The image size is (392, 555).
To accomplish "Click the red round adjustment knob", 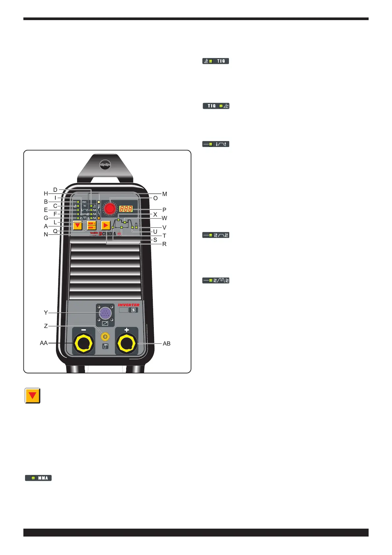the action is (110, 209).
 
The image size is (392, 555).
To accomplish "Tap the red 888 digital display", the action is (126, 209).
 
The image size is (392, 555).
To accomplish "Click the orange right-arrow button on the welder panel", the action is (106, 225).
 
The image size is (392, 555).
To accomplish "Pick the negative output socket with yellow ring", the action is (84, 344).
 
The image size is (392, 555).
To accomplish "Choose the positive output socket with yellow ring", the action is (127, 344).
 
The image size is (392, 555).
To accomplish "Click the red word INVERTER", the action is (129, 305).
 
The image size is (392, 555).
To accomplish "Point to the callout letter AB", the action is (167, 343).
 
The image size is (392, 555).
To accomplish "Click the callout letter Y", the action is (46, 312).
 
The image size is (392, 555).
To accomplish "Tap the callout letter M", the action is (165, 194).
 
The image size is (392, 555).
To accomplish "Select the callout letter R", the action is (164, 244).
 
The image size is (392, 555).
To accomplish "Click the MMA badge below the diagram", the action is (39, 478).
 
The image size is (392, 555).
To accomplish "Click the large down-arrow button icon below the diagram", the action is (33, 396).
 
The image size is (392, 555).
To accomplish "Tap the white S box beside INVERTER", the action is (133, 310).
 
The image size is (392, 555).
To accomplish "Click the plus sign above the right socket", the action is (127, 330).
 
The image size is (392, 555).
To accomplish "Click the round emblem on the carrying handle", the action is (105, 164).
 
